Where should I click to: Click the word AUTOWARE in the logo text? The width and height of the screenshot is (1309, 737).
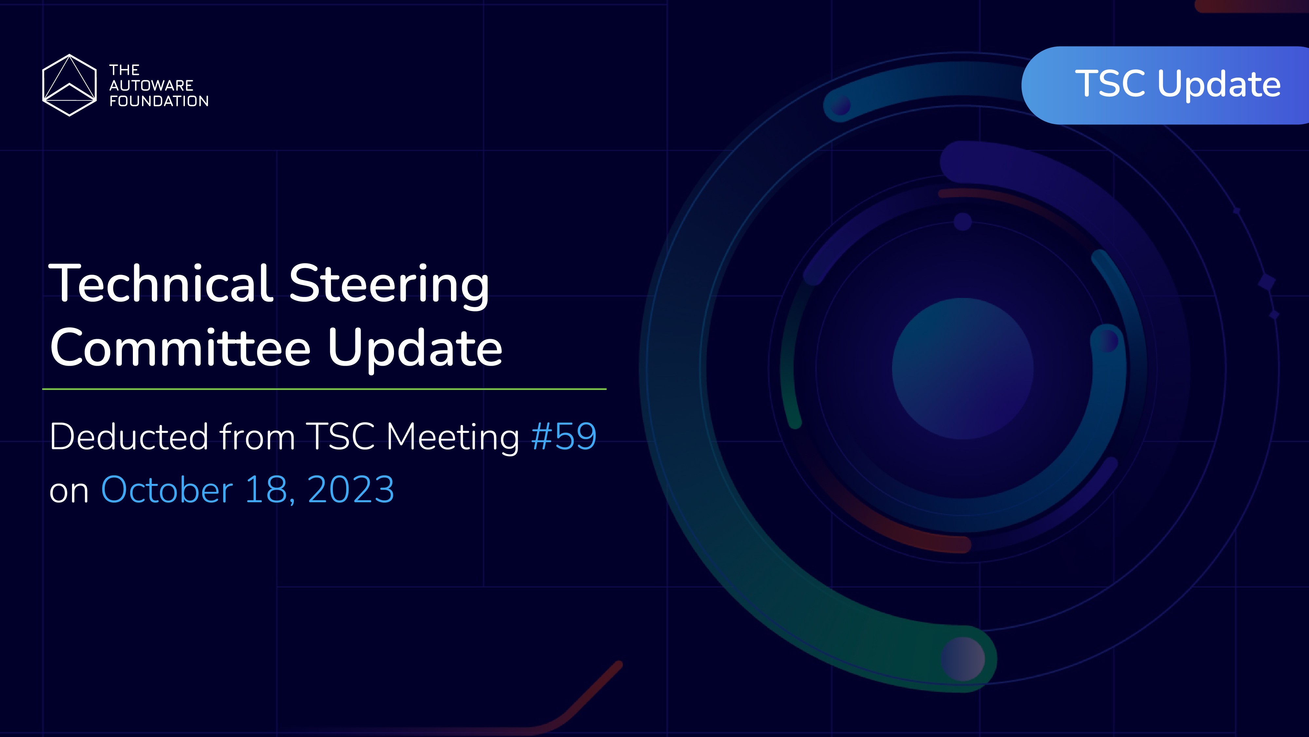(x=151, y=85)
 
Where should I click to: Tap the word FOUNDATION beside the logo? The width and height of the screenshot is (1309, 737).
(x=158, y=101)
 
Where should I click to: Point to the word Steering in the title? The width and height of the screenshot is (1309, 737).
(x=389, y=285)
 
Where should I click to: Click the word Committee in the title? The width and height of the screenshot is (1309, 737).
(x=180, y=348)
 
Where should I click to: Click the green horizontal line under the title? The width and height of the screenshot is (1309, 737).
(x=324, y=389)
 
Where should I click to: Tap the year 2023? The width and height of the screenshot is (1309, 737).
(x=350, y=489)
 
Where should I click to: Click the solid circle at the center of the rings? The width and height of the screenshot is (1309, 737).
(x=962, y=369)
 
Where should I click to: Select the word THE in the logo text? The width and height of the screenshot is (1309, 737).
(x=124, y=70)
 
